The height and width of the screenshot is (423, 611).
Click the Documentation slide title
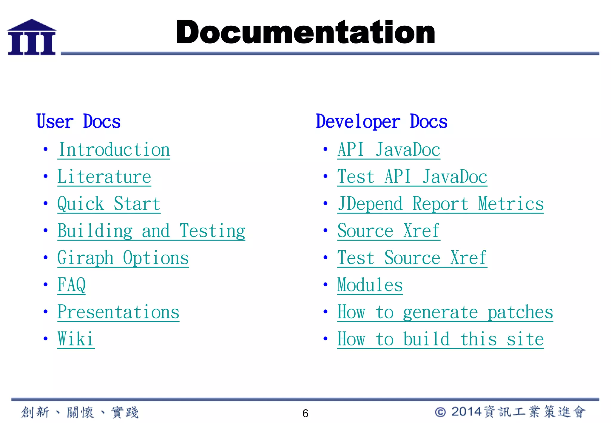[x=305, y=32]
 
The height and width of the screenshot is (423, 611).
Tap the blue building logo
[x=32, y=37]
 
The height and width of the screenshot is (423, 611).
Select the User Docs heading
[x=78, y=121]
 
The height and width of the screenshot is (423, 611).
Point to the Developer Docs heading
[x=382, y=121]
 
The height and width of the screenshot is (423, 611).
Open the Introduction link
[x=114, y=150]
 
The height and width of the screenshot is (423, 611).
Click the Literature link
[x=104, y=177]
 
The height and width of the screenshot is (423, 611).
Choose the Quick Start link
[x=109, y=204]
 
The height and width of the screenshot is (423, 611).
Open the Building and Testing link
[x=151, y=231]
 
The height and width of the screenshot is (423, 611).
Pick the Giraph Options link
[x=123, y=258]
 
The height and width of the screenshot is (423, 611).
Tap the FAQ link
[x=71, y=285]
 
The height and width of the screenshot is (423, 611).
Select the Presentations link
[x=118, y=312]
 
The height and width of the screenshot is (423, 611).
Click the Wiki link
[x=76, y=339]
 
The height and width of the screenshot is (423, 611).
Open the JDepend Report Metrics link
[x=440, y=204]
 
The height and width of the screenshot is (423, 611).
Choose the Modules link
[x=370, y=285]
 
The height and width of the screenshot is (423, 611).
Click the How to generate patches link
[x=445, y=312]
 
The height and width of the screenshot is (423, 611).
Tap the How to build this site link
[x=440, y=339]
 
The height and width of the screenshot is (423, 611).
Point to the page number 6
[x=305, y=413]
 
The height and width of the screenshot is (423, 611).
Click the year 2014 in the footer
[x=466, y=412]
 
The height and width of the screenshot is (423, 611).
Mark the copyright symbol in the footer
[x=440, y=412]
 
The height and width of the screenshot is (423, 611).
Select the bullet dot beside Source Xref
[x=325, y=230]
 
